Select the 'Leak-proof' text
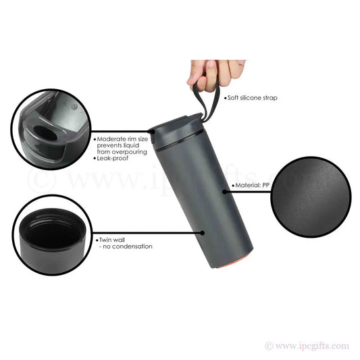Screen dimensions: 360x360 point(113,157)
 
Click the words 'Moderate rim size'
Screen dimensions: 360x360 point(122,138)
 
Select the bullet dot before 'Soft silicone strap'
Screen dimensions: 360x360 point(225,99)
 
